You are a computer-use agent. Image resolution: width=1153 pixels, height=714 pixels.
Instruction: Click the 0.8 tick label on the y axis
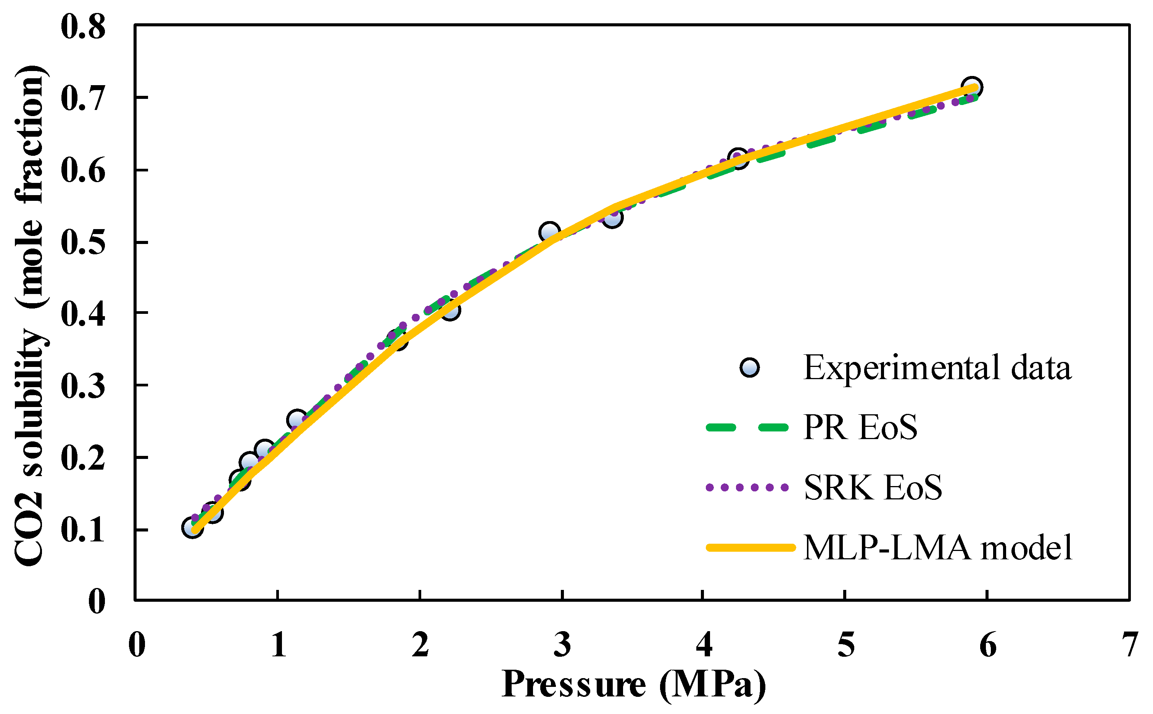83,27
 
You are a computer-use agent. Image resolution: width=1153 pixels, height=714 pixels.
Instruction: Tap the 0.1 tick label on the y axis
83,531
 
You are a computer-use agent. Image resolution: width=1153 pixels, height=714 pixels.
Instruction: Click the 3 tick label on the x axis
562,645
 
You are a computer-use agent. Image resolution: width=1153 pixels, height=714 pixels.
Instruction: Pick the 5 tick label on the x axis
846,645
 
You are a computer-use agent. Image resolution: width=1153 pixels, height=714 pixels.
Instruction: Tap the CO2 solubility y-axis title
29,315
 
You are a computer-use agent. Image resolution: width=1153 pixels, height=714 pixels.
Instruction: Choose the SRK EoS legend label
873,487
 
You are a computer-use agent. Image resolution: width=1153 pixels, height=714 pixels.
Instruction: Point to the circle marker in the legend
750,367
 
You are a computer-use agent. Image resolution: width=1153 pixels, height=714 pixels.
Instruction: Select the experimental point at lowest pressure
192,527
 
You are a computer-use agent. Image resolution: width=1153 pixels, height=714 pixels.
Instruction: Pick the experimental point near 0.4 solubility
451,311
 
